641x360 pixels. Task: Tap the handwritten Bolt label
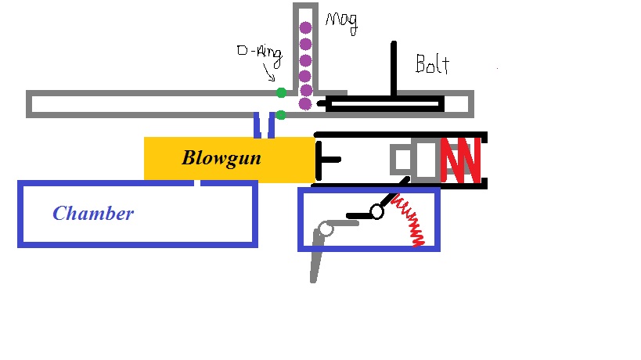pos(432,63)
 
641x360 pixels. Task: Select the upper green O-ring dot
pos(281,92)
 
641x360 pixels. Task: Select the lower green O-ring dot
pos(281,115)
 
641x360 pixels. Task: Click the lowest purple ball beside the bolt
pos(305,103)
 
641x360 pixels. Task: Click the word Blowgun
pos(221,158)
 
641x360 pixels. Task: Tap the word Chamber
pos(93,213)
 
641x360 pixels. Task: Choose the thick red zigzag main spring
pos(461,160)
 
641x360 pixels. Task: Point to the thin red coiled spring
pos(411,219)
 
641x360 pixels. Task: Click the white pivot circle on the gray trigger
pos(326,229)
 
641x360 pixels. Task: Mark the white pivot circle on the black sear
pos(376,211)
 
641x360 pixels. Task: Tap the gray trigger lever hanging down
pos(316,258)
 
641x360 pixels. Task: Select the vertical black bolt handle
pos(394,69)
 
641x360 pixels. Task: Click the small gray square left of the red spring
pos(402,160)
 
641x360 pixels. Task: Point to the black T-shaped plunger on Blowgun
pos(324,159)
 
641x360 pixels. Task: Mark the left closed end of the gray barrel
pos(31,104)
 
